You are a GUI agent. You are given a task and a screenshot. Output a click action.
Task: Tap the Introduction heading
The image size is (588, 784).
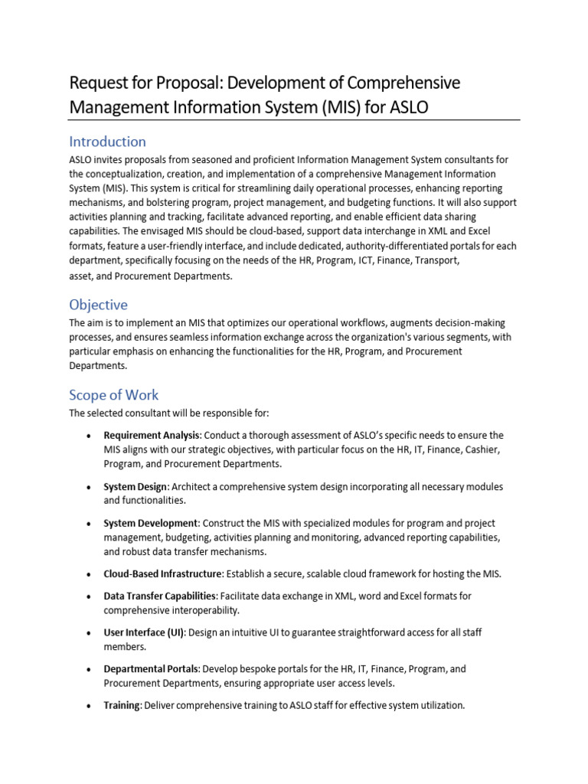(x=107, y=142)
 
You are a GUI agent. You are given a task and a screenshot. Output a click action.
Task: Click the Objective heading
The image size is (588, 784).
(x=98, y=305)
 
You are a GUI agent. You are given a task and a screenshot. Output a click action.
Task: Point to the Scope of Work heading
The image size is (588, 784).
(x=114, y=395)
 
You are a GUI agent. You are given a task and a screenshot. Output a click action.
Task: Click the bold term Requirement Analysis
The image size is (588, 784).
(x=152, y=436)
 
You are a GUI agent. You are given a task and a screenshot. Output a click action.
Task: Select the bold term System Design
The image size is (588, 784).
(x=136, y=487)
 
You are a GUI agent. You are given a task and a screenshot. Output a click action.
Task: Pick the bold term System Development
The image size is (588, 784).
(x=151, y=524)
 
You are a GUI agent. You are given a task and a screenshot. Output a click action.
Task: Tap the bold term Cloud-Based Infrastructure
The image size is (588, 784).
(x=162, y=574)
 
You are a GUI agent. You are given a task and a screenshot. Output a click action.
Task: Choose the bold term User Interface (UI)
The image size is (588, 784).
(x=144, y=633)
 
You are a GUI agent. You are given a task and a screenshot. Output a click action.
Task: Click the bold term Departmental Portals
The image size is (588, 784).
(x=152, y=669)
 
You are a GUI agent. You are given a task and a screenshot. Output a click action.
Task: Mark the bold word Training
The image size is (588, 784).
(x=122, y=705)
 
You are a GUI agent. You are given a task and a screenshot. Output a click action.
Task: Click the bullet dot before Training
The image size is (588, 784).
(x=90, y=706)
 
